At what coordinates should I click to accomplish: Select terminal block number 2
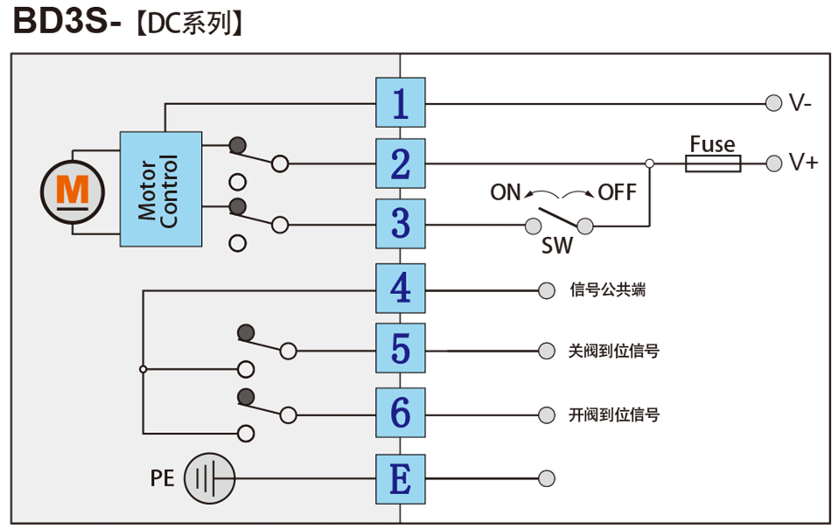point(401,164)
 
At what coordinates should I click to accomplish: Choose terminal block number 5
point(401,350)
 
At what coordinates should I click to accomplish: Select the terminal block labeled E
point(401,478)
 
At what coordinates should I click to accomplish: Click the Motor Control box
point(161,189)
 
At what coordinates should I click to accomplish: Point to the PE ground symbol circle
point(210,478)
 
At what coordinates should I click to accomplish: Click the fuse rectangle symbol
point(713,164)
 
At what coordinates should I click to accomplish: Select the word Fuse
point(712,143)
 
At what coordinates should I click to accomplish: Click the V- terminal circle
point(772,103)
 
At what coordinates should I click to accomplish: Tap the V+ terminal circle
point(772,164)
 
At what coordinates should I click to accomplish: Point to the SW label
point(557,247)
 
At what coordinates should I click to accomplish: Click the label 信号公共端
point(607,289)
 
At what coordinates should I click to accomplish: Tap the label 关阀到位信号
point(613,351)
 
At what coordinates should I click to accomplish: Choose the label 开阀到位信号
point(613,414)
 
